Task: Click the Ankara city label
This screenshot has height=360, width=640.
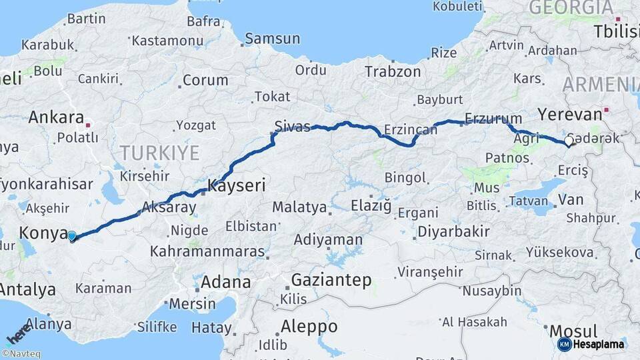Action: [56, 118]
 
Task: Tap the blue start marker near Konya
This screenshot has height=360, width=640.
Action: [72, 235]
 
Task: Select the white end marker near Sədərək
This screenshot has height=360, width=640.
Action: [569, 141]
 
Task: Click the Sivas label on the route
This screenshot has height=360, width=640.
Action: [293, 127]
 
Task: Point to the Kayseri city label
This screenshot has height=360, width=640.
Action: [237, 185]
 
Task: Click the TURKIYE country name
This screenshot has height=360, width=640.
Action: [160, 153]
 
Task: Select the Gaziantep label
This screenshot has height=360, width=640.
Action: [331, 281]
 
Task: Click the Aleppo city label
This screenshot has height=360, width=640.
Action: [309, 327]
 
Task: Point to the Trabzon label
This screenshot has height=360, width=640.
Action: [393, 72]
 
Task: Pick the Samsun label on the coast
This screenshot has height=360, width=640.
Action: [272, 39]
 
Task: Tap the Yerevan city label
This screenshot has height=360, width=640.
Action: [569, 113]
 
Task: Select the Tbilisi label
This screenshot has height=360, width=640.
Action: [616, 31]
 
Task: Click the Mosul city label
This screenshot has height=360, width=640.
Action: [573, 331]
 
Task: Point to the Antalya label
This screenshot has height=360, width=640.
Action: [28, 289]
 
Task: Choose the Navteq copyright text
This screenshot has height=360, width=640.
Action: [21, 353]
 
